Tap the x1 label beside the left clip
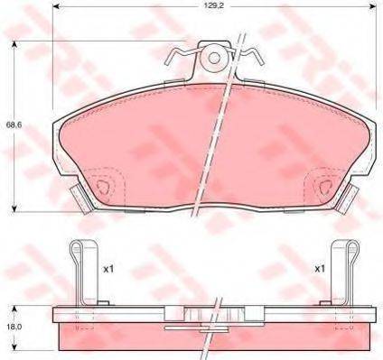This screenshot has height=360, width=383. click(x=108, y=270)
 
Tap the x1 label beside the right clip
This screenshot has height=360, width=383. click(x=320, y=269)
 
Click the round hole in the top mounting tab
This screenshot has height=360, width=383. click(x=214, y=58)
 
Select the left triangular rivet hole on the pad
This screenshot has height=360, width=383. click(x=103, y=187)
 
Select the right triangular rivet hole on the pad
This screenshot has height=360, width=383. click(x=325, y=187)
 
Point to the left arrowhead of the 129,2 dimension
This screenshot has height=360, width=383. click(x=57, y=5)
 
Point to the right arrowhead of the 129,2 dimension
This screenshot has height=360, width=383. click(x=373, y=5)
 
